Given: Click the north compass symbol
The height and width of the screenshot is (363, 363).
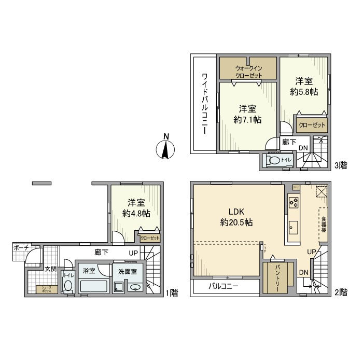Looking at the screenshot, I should tap(165, 149).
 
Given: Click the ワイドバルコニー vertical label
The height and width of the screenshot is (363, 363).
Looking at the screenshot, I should tap(204, 104).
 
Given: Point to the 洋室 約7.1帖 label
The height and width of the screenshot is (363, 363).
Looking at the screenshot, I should tap(247, 114).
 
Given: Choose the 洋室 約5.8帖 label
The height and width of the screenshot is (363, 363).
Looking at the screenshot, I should tap(304, 86).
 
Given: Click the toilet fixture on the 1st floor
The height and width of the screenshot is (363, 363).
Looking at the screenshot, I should tap(68, 285).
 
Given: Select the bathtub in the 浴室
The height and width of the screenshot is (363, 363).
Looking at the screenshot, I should tap(93, 286).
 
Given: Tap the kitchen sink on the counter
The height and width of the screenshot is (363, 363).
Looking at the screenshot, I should tap(294, 227).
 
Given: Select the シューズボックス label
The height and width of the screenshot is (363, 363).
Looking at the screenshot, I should tap(43, 290).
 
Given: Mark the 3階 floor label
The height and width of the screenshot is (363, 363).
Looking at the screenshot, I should tap(340, 165).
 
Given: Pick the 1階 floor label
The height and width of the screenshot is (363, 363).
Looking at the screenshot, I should tap(172, 293).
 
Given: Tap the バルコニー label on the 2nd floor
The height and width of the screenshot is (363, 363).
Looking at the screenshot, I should tap(224, 287).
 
